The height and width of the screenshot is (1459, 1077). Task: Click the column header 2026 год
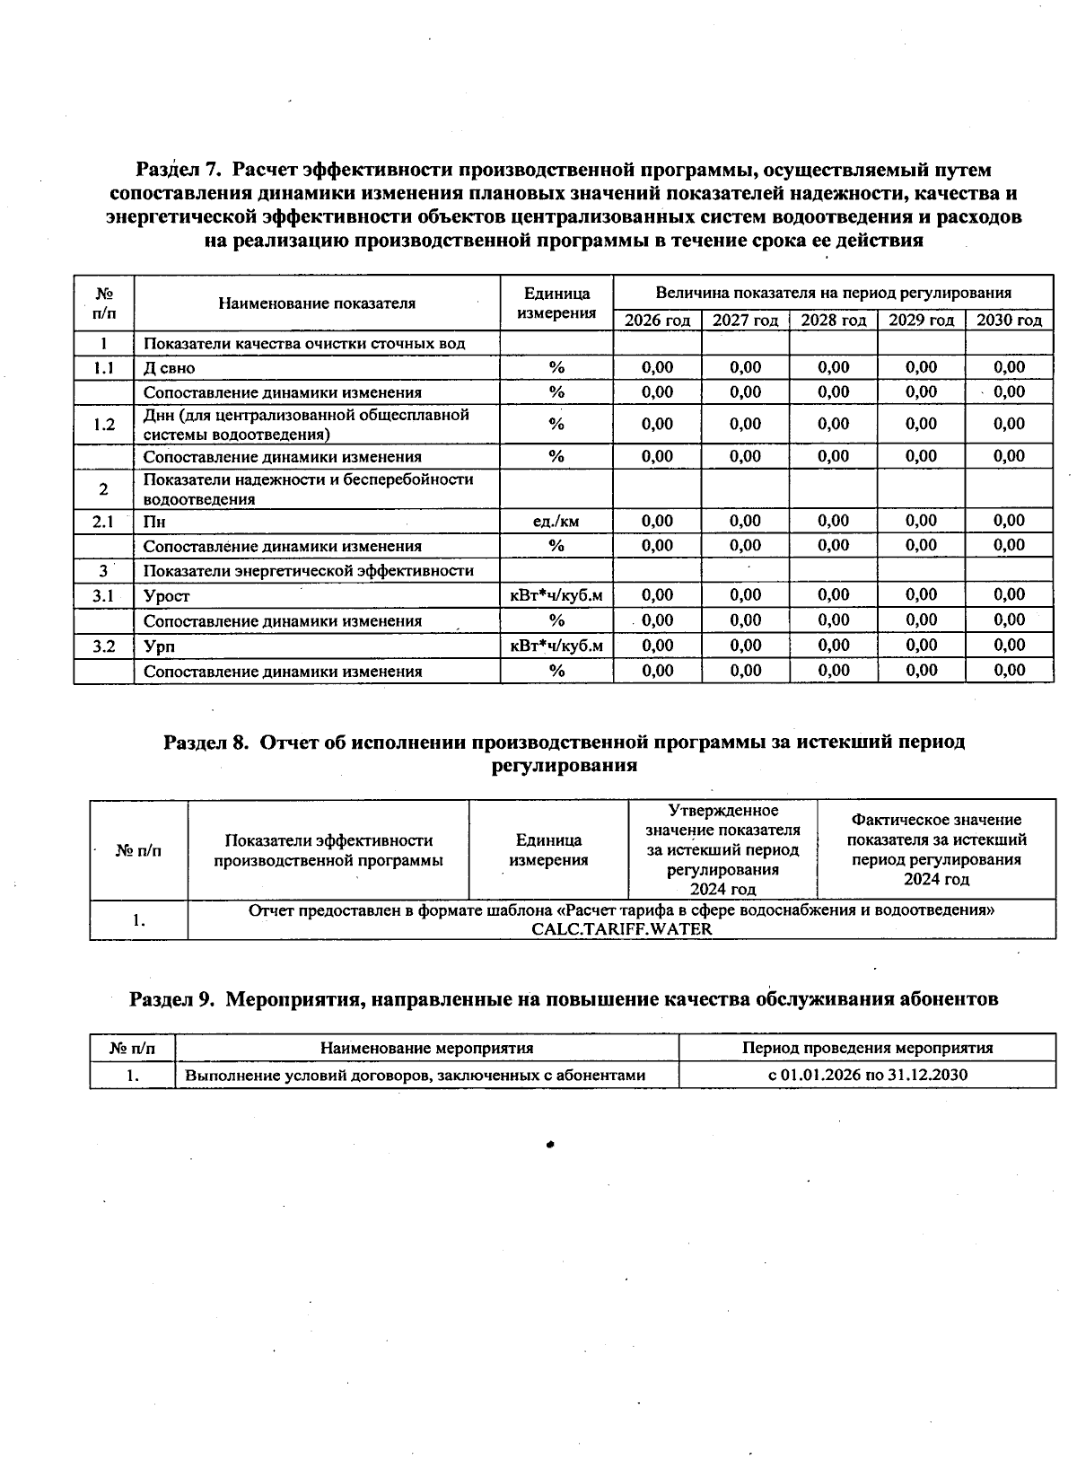(657, 321)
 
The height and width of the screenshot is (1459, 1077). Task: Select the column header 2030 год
(1009, 321)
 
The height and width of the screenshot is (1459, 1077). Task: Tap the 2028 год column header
(833, 321)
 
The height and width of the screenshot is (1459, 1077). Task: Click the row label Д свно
(169, 368)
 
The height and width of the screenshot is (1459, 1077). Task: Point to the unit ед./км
(556, 522)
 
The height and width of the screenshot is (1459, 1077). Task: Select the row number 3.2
(104, 646)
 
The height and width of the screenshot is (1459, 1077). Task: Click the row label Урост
(167, 596)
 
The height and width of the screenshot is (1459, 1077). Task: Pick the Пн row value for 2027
(745, 521)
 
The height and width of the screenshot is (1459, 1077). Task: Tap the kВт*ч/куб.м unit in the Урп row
(556, 646)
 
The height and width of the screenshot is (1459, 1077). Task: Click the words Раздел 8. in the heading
(205, 742)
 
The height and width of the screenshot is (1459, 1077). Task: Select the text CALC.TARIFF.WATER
(621, 929)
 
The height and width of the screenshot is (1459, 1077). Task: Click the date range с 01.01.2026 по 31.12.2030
(867, 1075)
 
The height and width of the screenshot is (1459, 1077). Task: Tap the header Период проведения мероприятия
(867, 1048)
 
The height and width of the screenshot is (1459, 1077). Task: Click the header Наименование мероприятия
(426, 1048)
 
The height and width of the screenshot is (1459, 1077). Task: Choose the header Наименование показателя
(317, 303)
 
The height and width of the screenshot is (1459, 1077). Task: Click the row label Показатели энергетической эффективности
(308, 571)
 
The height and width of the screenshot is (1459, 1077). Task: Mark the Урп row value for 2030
(1009, 645)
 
